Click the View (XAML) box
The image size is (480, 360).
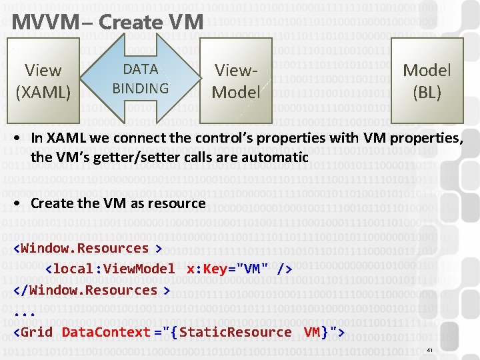point(43,81)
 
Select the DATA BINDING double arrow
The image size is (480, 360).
point(140,79)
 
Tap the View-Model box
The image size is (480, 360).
point(235,81)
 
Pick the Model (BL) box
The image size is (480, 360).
point(427,81)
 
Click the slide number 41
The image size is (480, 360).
point(430,350)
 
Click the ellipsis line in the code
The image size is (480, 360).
point(24,311)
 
